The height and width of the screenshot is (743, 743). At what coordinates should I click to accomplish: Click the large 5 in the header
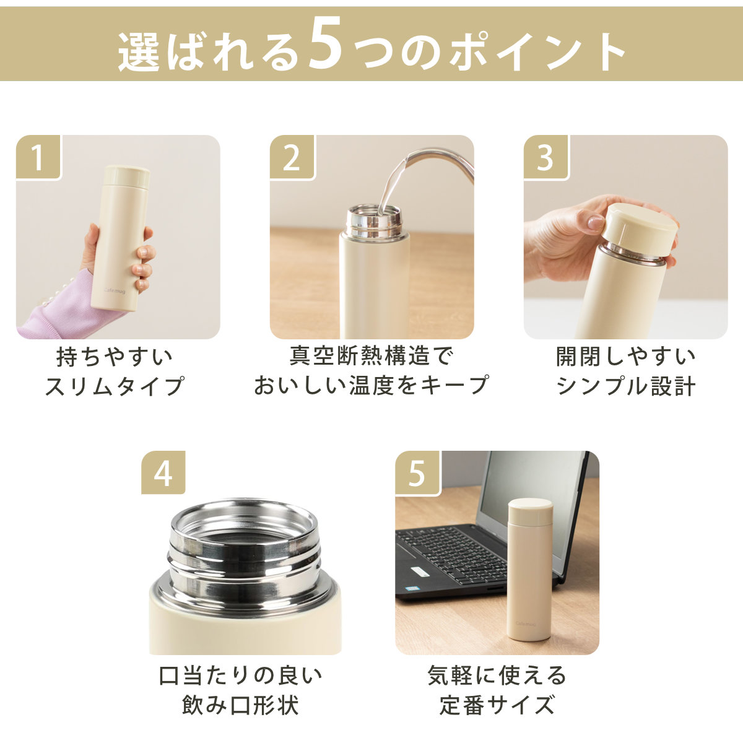(x=326, y=45)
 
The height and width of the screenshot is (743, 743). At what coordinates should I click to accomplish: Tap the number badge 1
(x=38, y=157)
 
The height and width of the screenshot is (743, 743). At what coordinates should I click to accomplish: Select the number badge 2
(x=292, y=157)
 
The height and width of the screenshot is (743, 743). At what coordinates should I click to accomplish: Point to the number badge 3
(x=546, y=157)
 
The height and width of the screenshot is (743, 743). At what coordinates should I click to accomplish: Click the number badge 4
(x=163, y=472)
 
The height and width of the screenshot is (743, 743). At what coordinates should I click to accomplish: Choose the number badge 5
(x=418, y=472)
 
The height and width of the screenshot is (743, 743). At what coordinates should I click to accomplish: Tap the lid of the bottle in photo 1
(x=127, y=176)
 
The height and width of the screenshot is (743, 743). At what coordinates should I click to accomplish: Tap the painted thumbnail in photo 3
(x=596, y=222)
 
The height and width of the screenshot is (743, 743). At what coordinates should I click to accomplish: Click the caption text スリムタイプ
(x=115, y=386)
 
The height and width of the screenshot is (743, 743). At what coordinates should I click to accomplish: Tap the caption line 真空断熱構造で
(x=371, y=356)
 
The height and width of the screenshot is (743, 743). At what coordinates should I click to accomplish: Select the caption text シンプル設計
(x=626, y=386)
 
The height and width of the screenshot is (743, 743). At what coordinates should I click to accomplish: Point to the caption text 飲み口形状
(x=240, y=705)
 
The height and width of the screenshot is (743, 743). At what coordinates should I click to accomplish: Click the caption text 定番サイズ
(x=497, y=705)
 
